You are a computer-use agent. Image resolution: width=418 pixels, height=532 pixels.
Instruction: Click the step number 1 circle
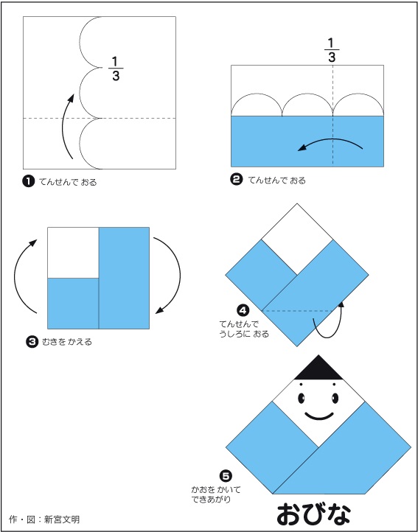tap(29, 181)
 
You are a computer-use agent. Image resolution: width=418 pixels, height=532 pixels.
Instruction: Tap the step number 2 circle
tap(237, 180)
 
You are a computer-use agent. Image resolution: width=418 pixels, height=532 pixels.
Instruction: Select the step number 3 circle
tap(32, 341)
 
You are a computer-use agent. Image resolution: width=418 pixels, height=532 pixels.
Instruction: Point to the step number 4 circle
tap(243, 310)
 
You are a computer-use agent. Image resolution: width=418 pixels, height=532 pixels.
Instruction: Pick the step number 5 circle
tap(225, 476)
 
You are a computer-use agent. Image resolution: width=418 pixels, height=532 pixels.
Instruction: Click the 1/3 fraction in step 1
tap(116, 69)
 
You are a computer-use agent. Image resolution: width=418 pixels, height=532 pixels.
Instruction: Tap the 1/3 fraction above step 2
tap(332, 51)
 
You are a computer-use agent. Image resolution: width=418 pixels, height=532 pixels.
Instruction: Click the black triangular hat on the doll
tap(318, 367)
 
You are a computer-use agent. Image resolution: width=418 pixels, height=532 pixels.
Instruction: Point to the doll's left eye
tap(302, 398)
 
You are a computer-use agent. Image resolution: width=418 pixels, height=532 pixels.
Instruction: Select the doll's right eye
tap(335, 398)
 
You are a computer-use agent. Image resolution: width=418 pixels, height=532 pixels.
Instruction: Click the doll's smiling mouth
tap(318, 416)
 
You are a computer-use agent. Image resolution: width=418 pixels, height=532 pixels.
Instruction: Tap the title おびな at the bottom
tap(313, 515)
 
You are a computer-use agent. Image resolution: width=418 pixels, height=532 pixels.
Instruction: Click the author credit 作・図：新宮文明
tap(44, 519)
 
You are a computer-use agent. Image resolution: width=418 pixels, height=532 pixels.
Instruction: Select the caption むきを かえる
tap(67, 342)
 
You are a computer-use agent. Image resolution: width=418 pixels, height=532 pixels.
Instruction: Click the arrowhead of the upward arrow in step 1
tap(71, 98)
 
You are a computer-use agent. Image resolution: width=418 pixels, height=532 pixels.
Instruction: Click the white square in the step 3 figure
tap(73, 253)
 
